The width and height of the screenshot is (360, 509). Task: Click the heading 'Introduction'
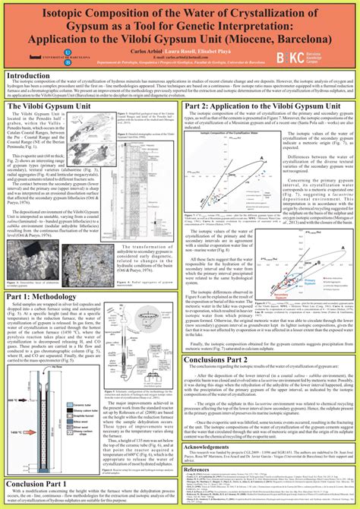28,77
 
